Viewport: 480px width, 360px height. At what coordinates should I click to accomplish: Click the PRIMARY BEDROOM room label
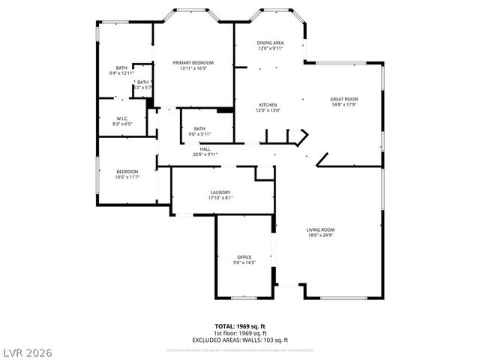(x=193, y=62)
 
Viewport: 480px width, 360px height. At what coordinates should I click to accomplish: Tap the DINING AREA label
(x=270, y=43)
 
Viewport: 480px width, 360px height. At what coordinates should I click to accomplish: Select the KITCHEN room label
(x=268, y=104)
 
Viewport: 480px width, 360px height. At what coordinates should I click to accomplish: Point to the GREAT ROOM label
(x=344, y=98)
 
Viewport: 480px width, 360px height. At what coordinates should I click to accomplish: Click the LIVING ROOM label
(x=320, y=229)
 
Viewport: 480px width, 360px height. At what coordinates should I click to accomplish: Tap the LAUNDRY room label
(x=220, y=192)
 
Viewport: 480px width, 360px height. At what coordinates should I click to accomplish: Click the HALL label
(x=205, y=148)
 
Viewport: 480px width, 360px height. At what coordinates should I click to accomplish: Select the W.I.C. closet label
(x=121, y=118)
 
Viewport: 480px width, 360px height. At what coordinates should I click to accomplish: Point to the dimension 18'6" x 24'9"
(x=320, y=235)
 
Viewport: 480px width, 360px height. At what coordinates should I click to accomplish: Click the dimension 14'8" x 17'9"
(x=344, y=104)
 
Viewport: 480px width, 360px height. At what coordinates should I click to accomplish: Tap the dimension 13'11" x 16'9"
(x=193, y=68)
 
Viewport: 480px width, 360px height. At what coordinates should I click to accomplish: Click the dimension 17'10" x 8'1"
(x=220, y=198)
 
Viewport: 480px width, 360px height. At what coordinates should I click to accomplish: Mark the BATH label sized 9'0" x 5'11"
(x=199, y=128)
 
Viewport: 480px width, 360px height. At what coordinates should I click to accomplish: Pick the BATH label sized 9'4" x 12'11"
(x=121, y=67)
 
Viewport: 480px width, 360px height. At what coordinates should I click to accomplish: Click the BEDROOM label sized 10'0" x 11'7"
(x=127, y=171)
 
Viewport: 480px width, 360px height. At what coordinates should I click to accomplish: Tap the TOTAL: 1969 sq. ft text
(x=241, y=327)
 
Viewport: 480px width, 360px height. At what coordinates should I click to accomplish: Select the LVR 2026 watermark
(x=27, y=351)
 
